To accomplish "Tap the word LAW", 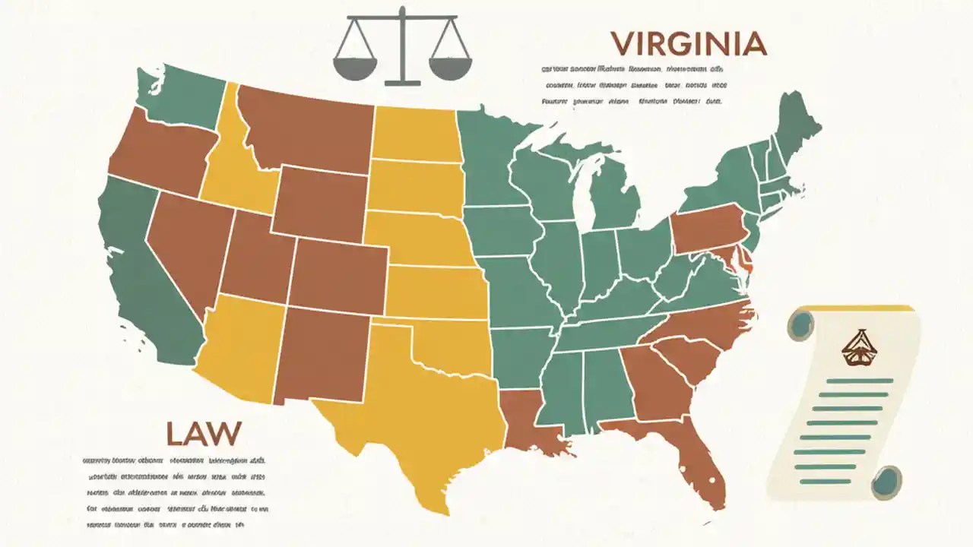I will (x=203, y=434).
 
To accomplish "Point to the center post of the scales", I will (x=402, y=46).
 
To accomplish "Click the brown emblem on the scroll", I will (x=850, y=346).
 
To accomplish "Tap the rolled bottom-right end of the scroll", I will (x=886, y=482).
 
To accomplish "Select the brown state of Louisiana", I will (x=528, y=422).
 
